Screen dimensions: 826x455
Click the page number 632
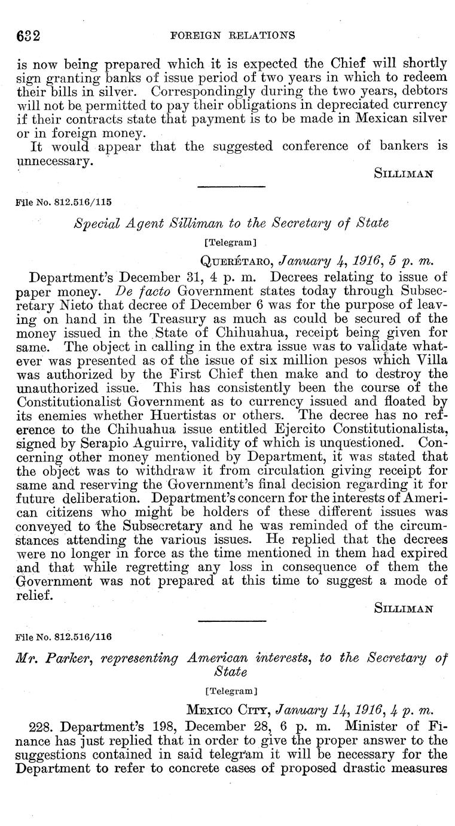[27, 35]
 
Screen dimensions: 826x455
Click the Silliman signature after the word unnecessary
[403, 174]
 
